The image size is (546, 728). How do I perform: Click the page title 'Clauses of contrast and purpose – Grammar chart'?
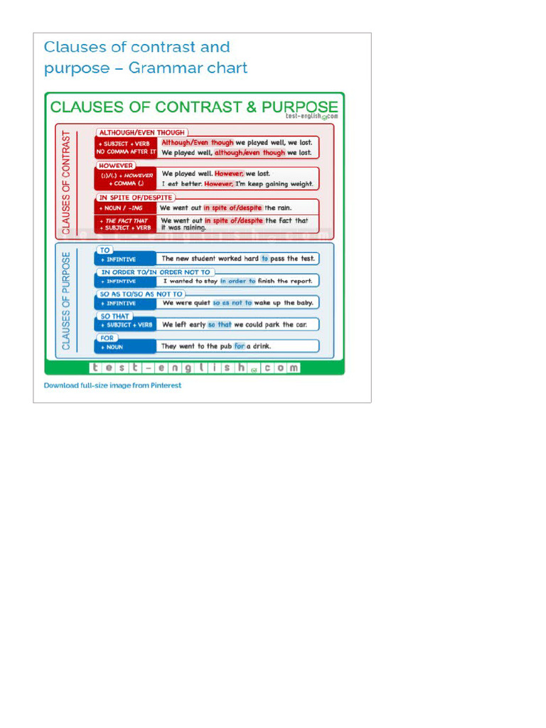(146, 58)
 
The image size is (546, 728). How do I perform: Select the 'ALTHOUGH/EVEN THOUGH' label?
(141, 132)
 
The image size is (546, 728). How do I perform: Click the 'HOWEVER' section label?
(117, 166)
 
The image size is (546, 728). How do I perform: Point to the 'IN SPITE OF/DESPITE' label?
(134, 198)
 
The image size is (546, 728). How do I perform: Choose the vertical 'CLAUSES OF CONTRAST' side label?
(67, 182)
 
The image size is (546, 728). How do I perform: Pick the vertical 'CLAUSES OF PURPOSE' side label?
(66, 301)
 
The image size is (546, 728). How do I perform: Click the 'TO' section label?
(105, 250)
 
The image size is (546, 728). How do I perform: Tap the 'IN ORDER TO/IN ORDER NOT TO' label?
(155, 272)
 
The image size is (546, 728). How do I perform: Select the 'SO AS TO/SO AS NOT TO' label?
(141, 294)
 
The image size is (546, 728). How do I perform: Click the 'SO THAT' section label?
(114, 316)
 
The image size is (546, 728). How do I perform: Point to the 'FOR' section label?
(107, 338)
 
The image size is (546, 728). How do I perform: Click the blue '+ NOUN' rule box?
(125, 347)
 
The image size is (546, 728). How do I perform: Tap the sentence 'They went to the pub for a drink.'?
(216, 347)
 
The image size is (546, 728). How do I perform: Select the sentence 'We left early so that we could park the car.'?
(235, 325)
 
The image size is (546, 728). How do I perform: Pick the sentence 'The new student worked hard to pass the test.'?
(237, 259)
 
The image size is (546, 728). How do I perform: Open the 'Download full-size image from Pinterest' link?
(112, 385)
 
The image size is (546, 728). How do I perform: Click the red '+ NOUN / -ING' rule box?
(125, 208)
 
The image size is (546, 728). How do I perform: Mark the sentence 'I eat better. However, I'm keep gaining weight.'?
(237, 184)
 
